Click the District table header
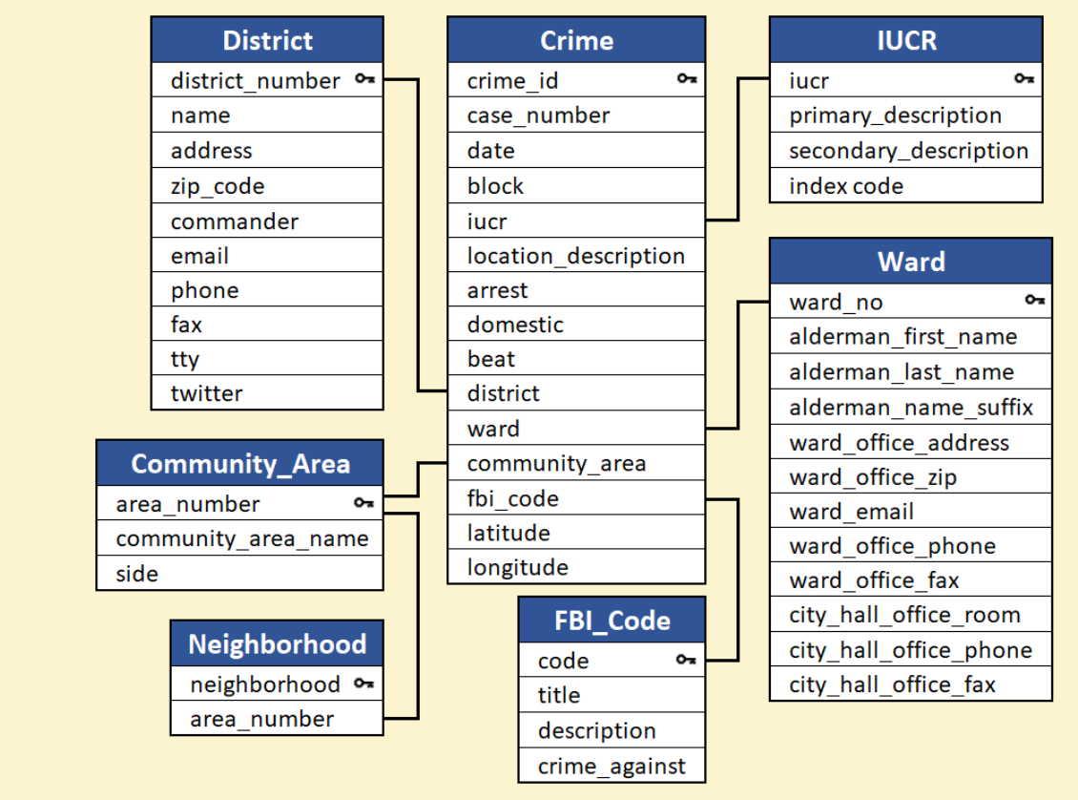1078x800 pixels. click(267, 41)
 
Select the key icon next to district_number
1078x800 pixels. click(365, 79)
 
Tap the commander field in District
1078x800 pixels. click(235, 221)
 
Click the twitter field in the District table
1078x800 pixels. click(206, 393)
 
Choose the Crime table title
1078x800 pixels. click(576, 41)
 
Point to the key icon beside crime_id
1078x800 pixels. click(687, 79)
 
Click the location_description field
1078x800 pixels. click(575, 256)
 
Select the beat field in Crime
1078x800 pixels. click(491, 359)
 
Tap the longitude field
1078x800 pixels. click(518, 567)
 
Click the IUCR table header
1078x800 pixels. click(906, 41)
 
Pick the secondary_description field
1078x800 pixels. click(908, 151)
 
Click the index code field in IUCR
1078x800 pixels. click(845, 186)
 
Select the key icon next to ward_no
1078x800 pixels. click(1035, 300)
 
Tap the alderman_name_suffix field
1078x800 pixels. click(911, 408)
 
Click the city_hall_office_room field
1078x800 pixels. click(904, 615)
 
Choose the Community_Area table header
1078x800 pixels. click(240, 464)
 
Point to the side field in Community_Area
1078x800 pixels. click(136, 575)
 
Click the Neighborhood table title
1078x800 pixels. click(277, 643)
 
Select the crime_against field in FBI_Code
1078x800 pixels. click(612, 767)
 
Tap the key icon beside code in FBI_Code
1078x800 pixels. click(686, 660)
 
